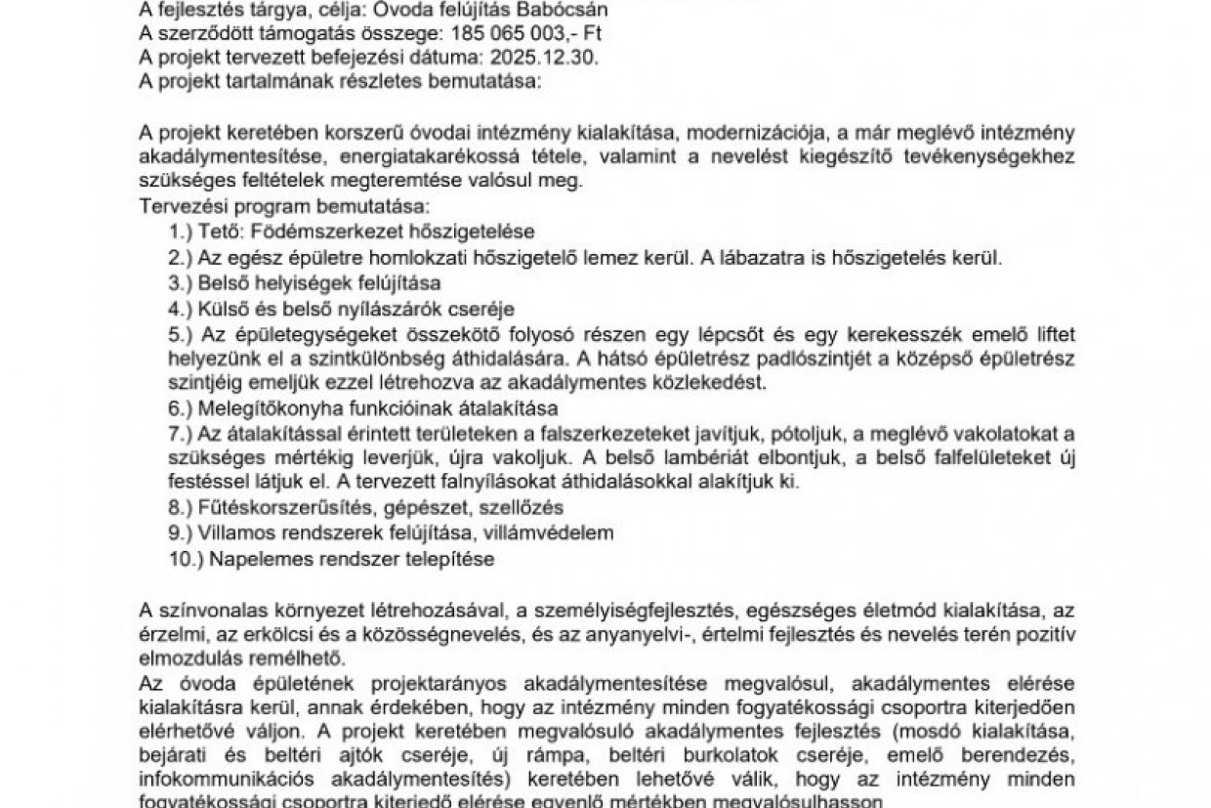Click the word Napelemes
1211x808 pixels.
pos(250,560)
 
